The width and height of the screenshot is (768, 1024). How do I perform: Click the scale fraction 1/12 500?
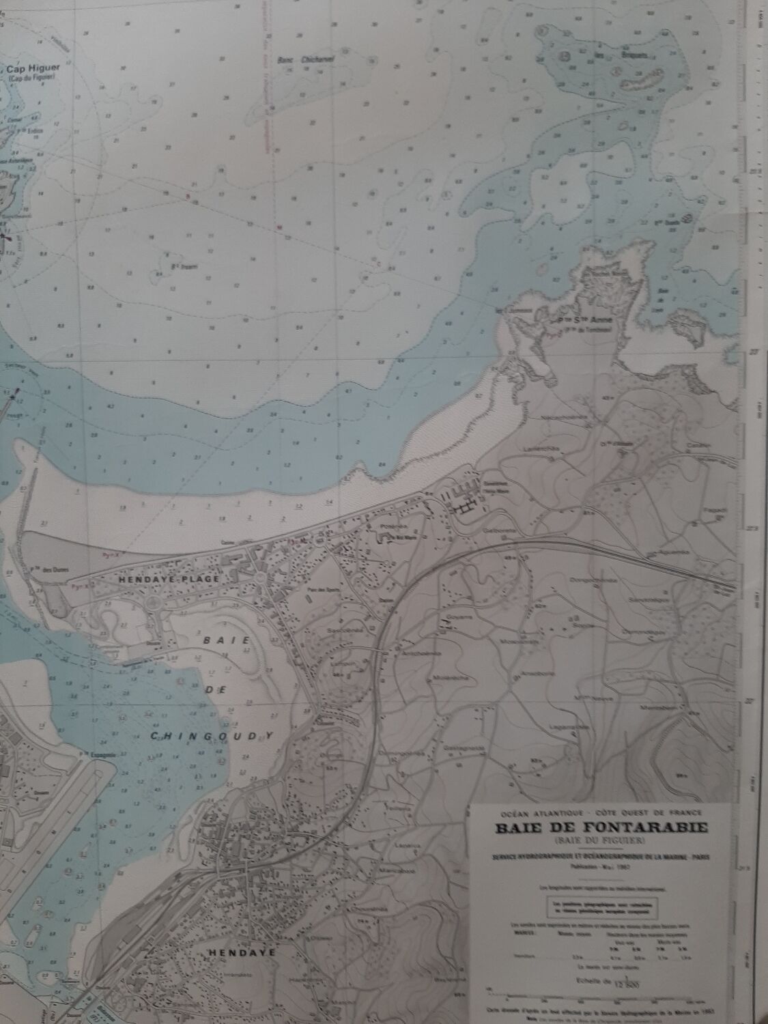(622, 981)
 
